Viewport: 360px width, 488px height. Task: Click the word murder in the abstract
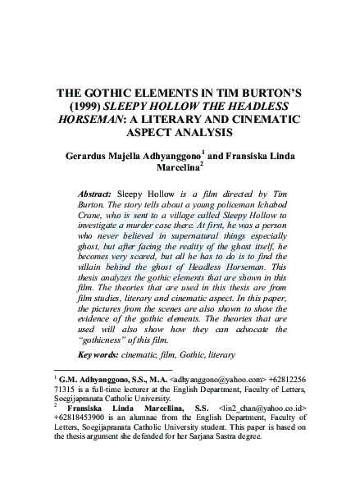click(x=164, y=222)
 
